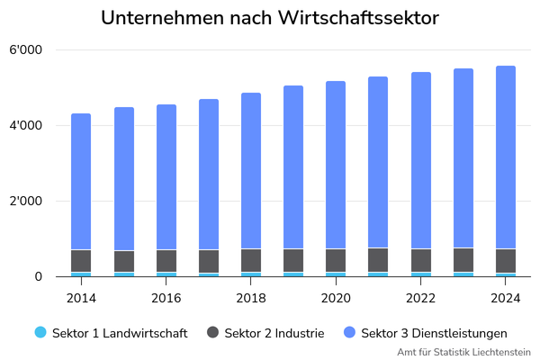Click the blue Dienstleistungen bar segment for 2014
point(81,181)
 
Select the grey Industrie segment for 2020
point(336,260)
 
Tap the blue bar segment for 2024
point(506,157)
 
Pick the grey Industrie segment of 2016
point(166,261)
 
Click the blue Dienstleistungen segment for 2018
point(251,170)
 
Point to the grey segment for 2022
point(421,260)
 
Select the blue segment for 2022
point(421,160)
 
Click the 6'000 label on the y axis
point(25,50)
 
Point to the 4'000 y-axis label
point(25,125)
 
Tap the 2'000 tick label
point(25,201)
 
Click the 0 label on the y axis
point(38,276)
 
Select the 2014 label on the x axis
point(81,298)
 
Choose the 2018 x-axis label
point(251,298)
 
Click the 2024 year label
point(506,298)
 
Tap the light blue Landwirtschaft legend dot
point(40,332)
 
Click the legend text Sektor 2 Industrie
point(274,333)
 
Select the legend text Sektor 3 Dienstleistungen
point(434,333)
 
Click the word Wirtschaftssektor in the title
point(358,18)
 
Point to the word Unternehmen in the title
point(163,18)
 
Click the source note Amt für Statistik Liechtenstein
point(463,352)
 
